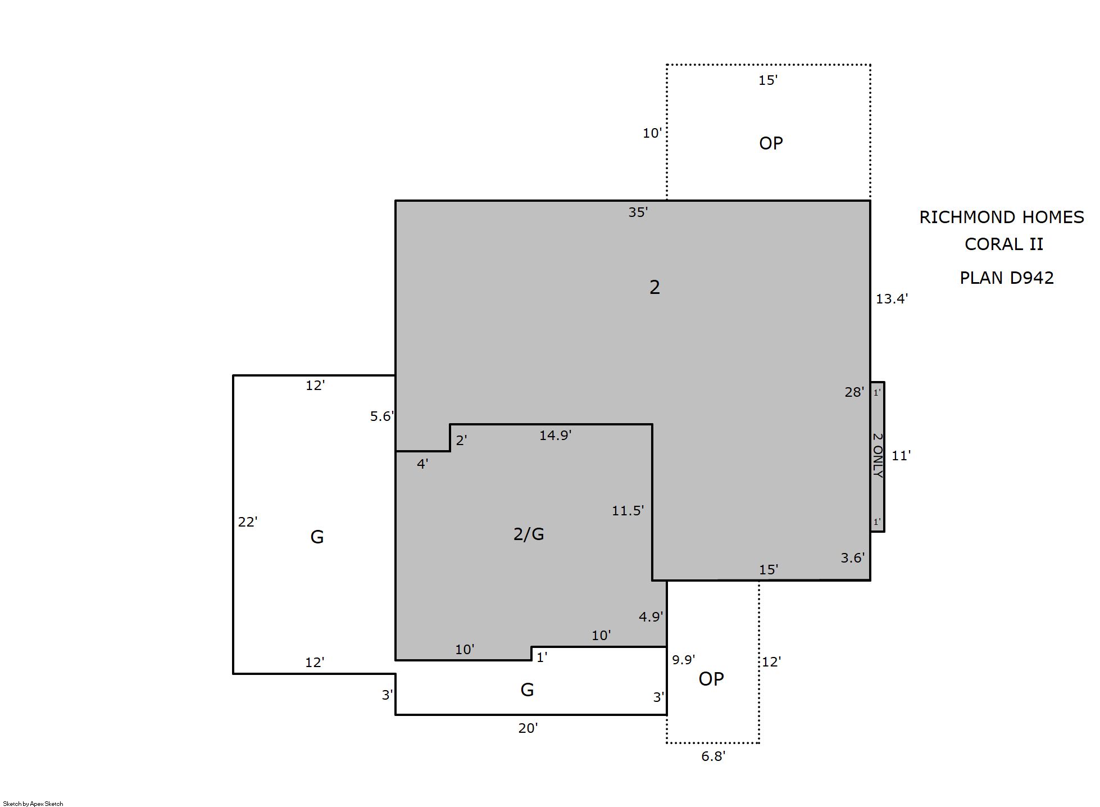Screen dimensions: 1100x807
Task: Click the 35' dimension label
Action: [x=638, y=212]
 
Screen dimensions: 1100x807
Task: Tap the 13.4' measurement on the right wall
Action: [x=892, y=299]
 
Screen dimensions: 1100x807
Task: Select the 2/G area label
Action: [x=529, y=534]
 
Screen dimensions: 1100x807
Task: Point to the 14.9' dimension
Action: [x=556, y=436]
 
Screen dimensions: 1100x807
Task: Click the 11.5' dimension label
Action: [x=628, y=511]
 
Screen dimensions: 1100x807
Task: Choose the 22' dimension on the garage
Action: [x=248, y=522]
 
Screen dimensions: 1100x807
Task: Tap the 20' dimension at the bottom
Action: [x=528, y=728]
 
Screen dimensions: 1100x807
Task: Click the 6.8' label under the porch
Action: [x=713, y=756]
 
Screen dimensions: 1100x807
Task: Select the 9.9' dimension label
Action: [x=684, y=660]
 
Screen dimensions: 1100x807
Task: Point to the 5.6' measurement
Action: [x=382, y=416]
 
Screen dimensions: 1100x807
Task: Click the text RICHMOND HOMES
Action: [x=1002, y=217]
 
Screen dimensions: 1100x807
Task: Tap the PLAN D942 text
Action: [x=1007, y=278]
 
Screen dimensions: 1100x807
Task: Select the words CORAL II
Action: [x=1004, y=244]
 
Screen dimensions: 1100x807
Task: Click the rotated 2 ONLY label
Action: [x=878, y=455]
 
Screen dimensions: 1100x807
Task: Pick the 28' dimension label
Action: [x=854, y=392]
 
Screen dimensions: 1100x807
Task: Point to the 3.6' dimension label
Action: [x=853, y=558]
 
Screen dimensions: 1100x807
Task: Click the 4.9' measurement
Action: [x=651, y=617]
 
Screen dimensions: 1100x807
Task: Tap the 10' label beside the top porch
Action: [x=652, y=133]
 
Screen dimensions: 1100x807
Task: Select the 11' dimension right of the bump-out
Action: [x=901, y=456]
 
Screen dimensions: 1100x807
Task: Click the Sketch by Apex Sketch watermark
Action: [x=33, y=804]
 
